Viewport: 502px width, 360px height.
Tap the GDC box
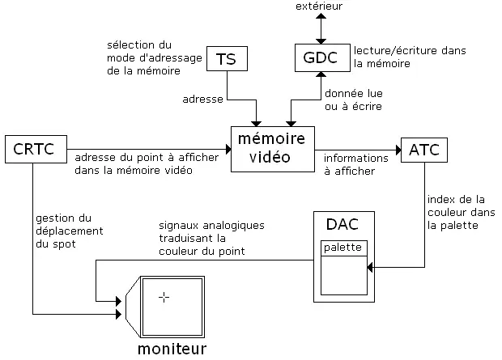point(320,58)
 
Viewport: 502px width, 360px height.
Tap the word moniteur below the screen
point(171,349)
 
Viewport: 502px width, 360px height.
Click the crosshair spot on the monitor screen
point(164,298)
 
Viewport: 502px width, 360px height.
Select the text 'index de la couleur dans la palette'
point(457,212)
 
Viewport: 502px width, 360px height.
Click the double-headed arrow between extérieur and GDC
point(321,28)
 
